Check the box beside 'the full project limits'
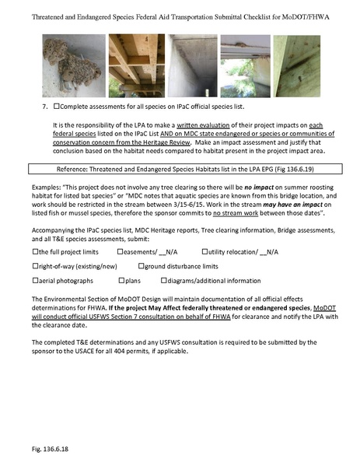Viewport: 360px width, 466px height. point(36,252)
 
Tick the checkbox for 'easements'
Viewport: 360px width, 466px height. point(121,252)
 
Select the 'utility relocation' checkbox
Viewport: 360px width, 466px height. point(205,252)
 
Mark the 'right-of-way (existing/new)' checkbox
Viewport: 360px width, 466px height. point(36,266)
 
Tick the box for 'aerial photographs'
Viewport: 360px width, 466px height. point(36,280)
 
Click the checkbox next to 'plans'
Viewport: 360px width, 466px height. point(121,280)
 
